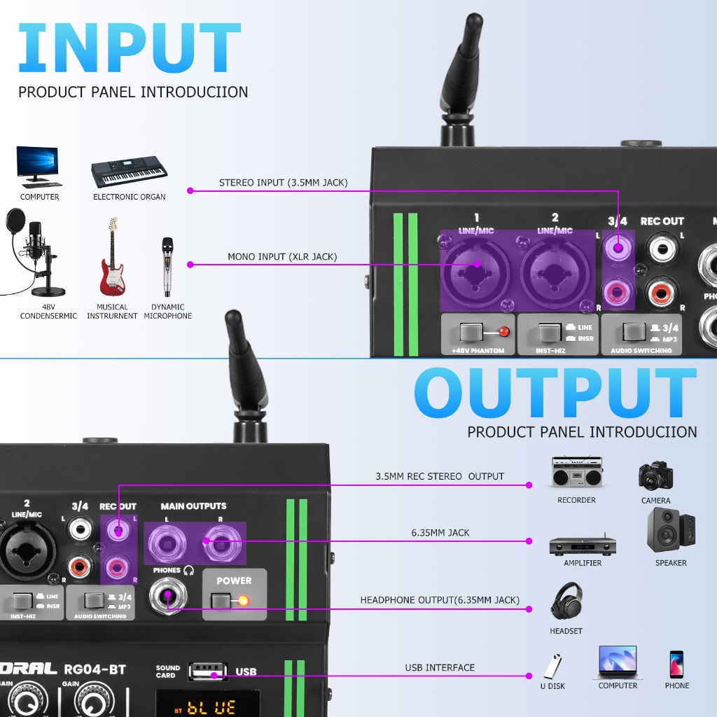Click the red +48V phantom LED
(502, 332)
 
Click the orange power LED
(243, 600)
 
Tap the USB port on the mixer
(208, 671)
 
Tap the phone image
(676, 664)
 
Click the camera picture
(655, 475)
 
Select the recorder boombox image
(577, 473)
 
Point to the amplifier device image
(583, 545)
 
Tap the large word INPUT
(130, 49)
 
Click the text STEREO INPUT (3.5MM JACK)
(283, 183)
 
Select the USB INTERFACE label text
(440, 667)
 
